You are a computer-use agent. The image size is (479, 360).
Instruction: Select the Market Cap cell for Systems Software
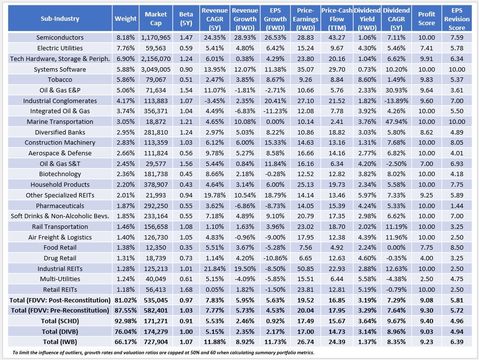[153, 69]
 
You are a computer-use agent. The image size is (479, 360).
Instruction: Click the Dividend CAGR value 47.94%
[396, 121]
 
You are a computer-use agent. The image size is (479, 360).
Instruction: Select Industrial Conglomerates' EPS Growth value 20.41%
[274, 101]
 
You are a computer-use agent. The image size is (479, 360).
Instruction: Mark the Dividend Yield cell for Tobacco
[366, 80]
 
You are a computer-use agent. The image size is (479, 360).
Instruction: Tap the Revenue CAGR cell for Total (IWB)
[214, 342]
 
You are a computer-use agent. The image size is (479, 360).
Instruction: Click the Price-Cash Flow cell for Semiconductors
[335, 38]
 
